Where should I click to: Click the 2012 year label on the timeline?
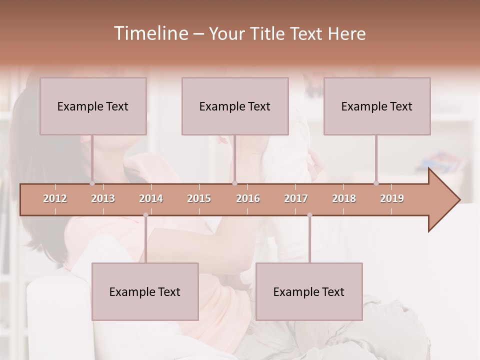[55, 198]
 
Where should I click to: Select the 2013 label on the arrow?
[103, 198]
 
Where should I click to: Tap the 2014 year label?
[151, 198]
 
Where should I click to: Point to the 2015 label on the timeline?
[199, 198]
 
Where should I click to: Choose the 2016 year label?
[248, 198]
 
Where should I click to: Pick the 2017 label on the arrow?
[296, 198]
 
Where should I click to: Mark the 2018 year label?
[344, 198]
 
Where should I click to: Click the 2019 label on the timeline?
[392, 198]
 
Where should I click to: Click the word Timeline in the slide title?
[150, 33]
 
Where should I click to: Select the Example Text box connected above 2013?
[93, 106]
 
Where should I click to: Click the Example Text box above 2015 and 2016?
[235, 106]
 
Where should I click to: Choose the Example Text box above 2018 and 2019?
[377, 106]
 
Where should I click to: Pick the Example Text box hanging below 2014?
[145, 291]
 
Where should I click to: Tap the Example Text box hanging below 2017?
[309, 291]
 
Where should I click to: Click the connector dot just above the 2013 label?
[92, 183]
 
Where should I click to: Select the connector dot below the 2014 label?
[145, 215]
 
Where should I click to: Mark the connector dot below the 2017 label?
[309, 215]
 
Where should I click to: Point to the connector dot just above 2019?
[376, 183]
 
